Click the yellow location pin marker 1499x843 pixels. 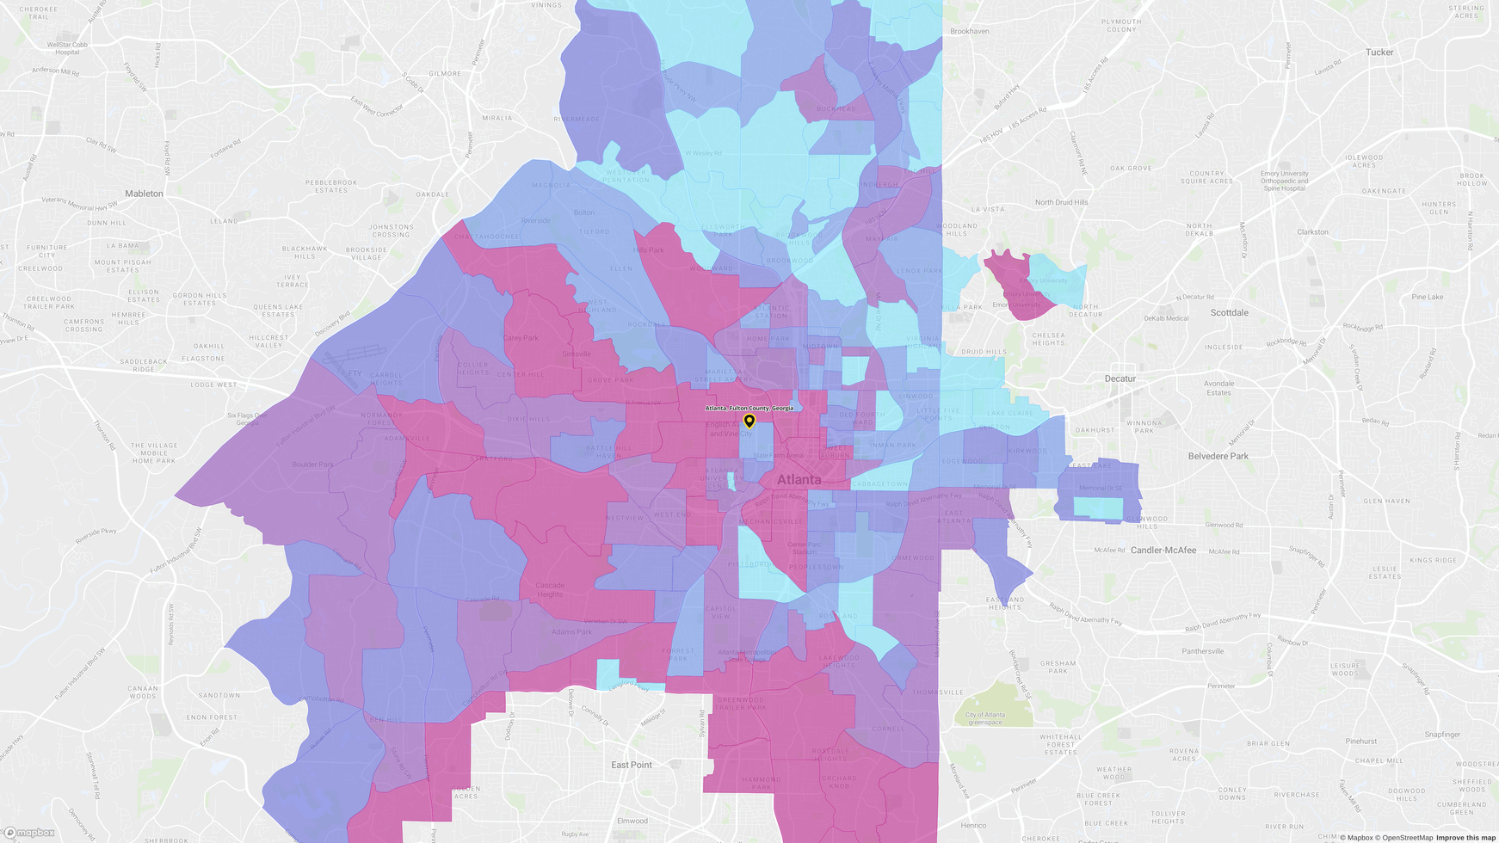coord(749,421)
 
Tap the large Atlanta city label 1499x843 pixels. coord(799,479)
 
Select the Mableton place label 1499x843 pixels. coord(144,194)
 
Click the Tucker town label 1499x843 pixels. coord(1379,52)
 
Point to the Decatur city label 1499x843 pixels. coord(1120,378)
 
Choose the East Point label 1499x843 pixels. coord(632,765)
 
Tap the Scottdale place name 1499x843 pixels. coord(1229,313)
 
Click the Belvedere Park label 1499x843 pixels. coord(1218,456)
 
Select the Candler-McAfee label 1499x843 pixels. coord(1163,550)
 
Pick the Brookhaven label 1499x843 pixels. coord(970,31)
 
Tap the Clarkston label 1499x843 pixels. coord(1312,232)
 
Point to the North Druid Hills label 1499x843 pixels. coord(1061,202)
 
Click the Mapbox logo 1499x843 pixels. coord(29,833)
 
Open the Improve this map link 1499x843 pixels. coord(1465,838)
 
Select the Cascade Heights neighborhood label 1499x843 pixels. coord(550,589)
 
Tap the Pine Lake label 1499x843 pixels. coord(1427,297)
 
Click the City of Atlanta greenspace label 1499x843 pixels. coord(985,718)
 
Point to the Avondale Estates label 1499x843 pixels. coord(1218,388)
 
